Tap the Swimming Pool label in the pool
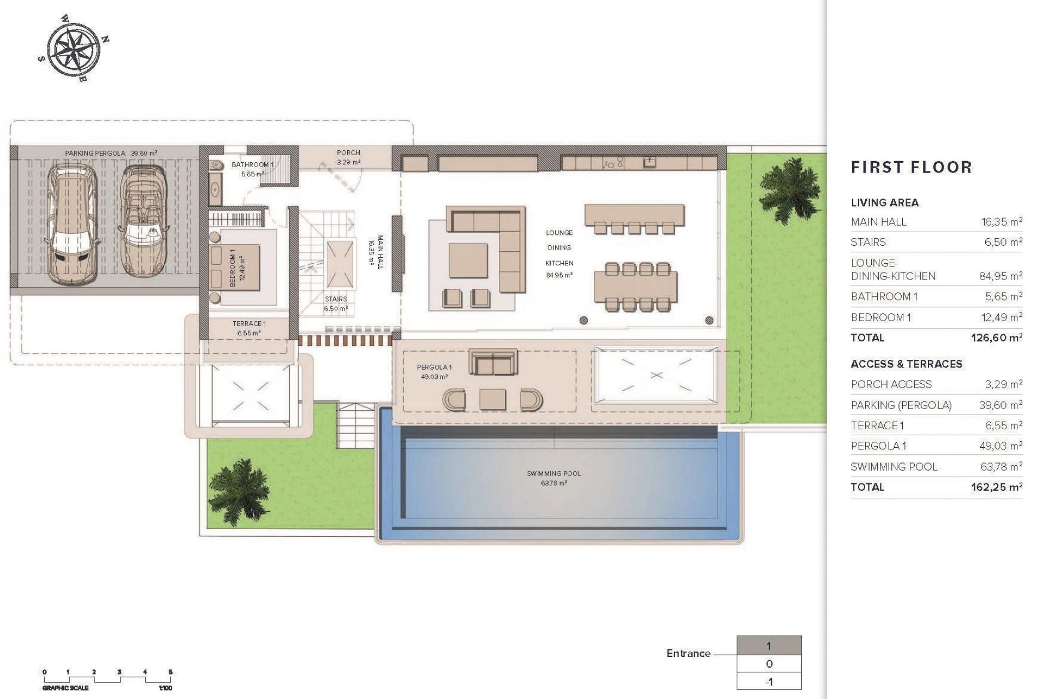553,477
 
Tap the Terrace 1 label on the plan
249,328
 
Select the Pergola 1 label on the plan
434,371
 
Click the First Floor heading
912,167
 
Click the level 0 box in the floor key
769,664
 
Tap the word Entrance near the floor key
688,653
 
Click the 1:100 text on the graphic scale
165,688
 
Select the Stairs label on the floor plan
336,303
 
